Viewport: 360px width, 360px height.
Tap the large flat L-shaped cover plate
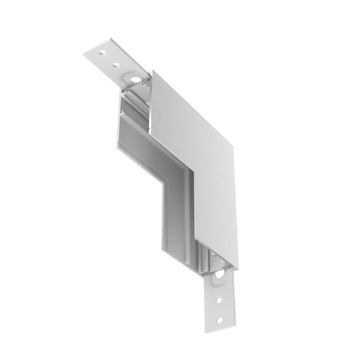[197, 141]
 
